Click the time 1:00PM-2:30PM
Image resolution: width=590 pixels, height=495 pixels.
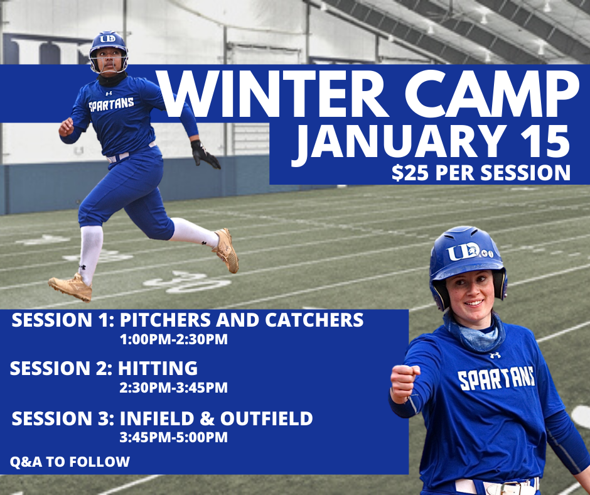[173, 340]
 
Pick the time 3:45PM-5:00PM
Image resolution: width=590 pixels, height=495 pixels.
[173, 437]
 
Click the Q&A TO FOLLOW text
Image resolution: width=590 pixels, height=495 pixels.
[70, 462]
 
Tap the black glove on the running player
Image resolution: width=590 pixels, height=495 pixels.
[205, 154]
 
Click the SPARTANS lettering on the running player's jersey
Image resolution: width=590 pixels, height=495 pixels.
[111, 104]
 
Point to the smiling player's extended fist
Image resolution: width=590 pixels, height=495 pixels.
[404, 383]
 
